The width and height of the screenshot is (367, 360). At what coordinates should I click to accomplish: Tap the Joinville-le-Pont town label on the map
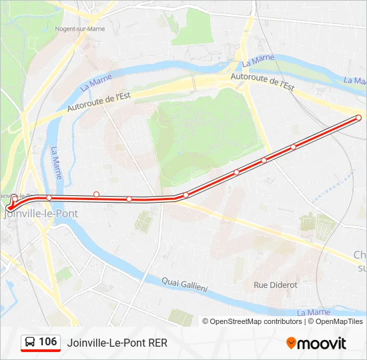pyautogui.click(x=42, y=213)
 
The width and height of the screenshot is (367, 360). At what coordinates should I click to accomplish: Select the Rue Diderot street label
pyautogui.click(x=276, y=285)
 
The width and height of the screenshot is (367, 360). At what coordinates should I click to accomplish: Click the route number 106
pyautogui.click(x=47, y=342)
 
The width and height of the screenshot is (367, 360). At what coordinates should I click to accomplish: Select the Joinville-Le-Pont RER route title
pyautogui.click(x=117, y=343)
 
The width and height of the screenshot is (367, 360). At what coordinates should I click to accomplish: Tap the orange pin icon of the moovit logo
pyautogui.click(x=291, y=343)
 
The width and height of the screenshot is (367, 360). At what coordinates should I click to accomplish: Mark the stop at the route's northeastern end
pyautogui.click(x=359, y=118)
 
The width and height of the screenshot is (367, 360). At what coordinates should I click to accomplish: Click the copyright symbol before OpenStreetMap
pyautogui.click(x=206, y=321)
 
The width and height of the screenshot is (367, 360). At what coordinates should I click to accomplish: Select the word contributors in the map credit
pyautogui.click(x=282, y=321)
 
